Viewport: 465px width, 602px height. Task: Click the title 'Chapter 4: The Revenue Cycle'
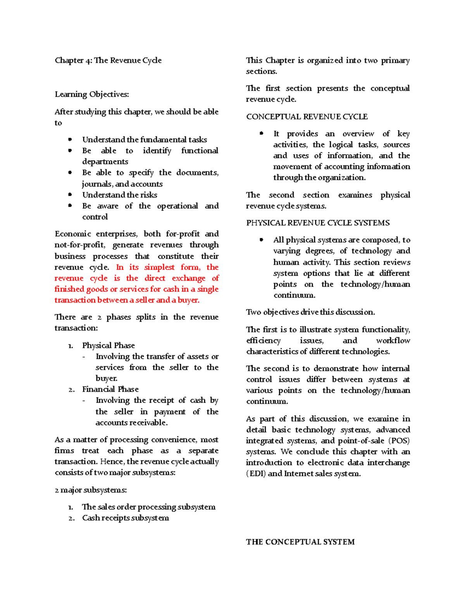click(x=108, y=60)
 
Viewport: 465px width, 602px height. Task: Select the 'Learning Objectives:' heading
click(x=92, y=94)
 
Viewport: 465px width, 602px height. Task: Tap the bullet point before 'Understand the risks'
click(x=70, y=195)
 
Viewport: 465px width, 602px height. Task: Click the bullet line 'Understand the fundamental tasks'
click(x=144, y=140)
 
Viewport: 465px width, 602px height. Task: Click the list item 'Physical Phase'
click(x=108, y=345)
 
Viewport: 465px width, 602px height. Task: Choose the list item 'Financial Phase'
click(x=110, y=389)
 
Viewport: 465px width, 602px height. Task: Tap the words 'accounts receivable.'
click(x=131, y=423)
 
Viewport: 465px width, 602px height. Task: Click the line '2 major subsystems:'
click(x=91, y=490)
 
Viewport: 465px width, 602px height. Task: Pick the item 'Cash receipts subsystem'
click(x=125, y=518)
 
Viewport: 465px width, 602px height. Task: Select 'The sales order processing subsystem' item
click(x=148, y=507)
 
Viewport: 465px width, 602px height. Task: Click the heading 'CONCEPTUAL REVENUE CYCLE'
click(x=307, y=117)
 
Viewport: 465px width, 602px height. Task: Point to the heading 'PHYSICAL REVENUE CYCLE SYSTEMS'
click(x=318, y=223)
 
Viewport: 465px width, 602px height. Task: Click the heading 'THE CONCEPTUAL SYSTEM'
click(x=300, y=542)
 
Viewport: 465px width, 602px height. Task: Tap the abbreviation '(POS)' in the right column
click(x=400, y=441)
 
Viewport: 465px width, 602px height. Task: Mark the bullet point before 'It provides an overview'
click(x=262, y=133)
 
